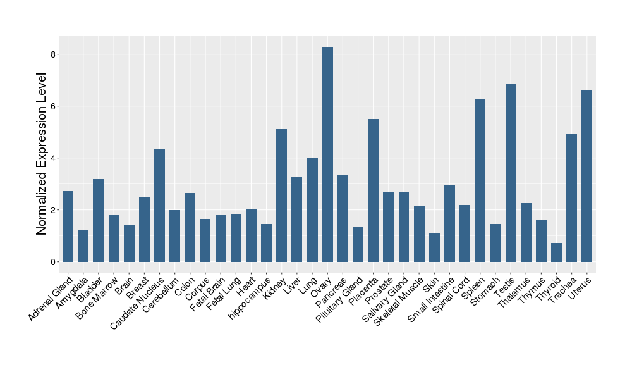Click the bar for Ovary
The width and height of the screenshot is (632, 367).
[x=327, y=154]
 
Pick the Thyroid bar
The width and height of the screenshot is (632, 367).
[x=556, y=252]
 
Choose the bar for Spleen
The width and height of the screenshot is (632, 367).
[x=480, y=180]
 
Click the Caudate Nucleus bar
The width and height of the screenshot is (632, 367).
[x=159, y=205]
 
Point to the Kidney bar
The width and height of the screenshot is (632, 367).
[x=281, y=196]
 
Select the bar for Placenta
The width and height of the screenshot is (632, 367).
[x=373, y=190]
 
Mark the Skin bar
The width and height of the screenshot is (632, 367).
[x=434, y=247]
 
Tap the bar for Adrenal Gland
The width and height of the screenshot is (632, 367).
[x=68, y=227]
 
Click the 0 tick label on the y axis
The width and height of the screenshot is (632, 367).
[x=53, y=262]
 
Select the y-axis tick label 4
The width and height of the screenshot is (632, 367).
[x=53, y=158]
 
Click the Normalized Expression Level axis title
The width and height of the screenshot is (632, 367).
[x=42, y=154]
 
